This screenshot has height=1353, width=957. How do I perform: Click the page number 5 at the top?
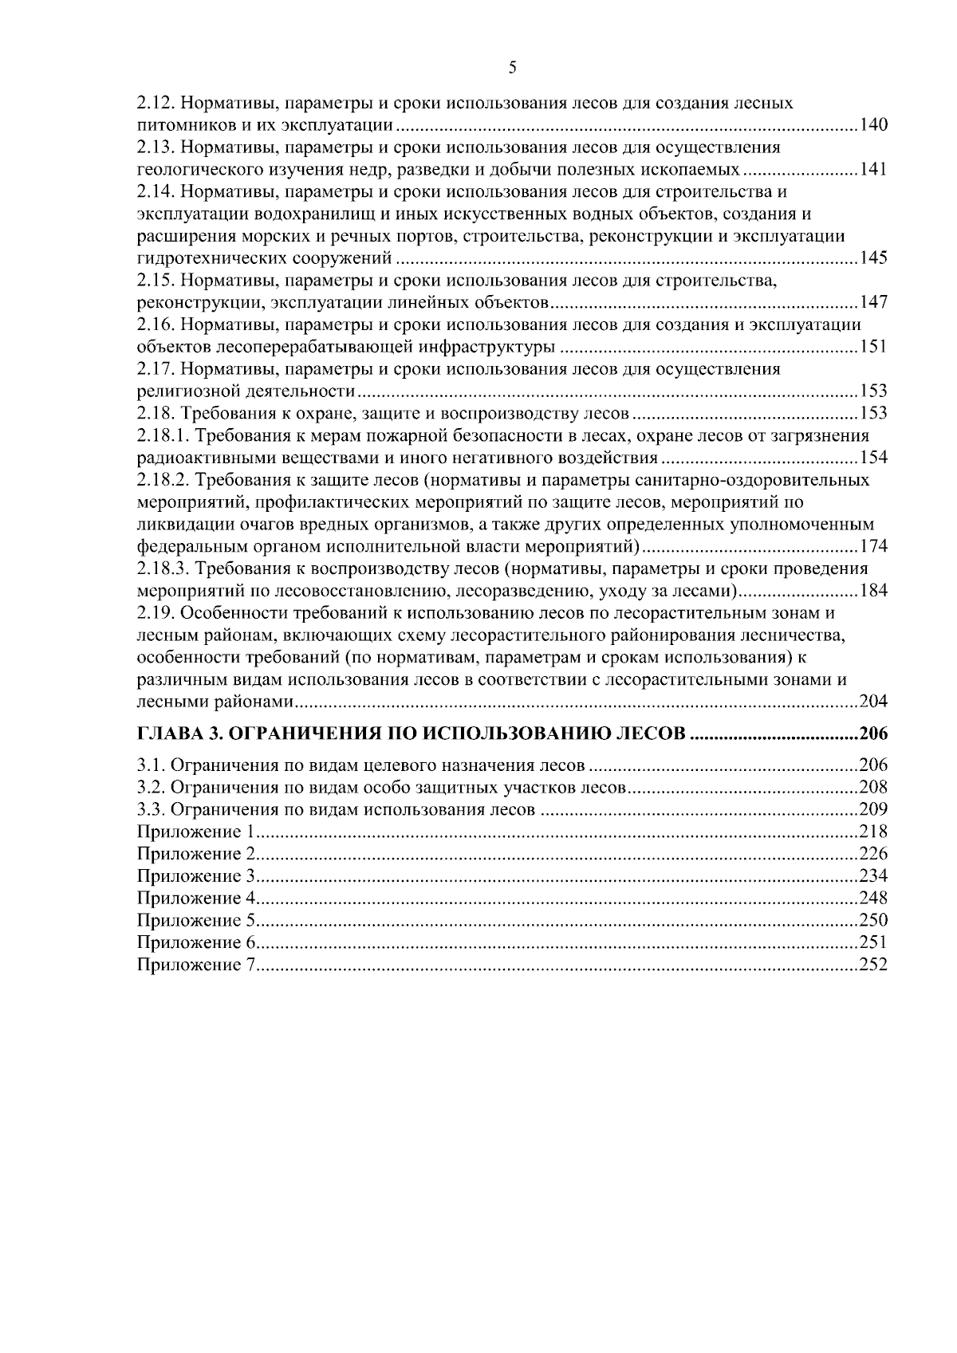tap(512, 68)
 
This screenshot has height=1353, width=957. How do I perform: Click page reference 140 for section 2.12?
tap(873, 126)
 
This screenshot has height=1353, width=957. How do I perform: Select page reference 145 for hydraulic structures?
tap(873, 258)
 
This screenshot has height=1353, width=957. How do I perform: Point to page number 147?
tap(873, 303)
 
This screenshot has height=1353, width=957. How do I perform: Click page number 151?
tap(873, 347)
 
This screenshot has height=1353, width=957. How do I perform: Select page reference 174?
tap(873, 547)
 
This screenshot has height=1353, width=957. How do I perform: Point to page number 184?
tap(873, 591)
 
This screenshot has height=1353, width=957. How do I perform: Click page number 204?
tap(873, 702)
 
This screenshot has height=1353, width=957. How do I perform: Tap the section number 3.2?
tap(148, 788)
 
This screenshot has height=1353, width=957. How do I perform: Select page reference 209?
tap(873, 810)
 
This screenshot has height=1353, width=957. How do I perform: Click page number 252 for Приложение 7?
tap(873, 966)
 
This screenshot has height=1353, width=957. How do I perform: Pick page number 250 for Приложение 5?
tap(873, 921)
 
